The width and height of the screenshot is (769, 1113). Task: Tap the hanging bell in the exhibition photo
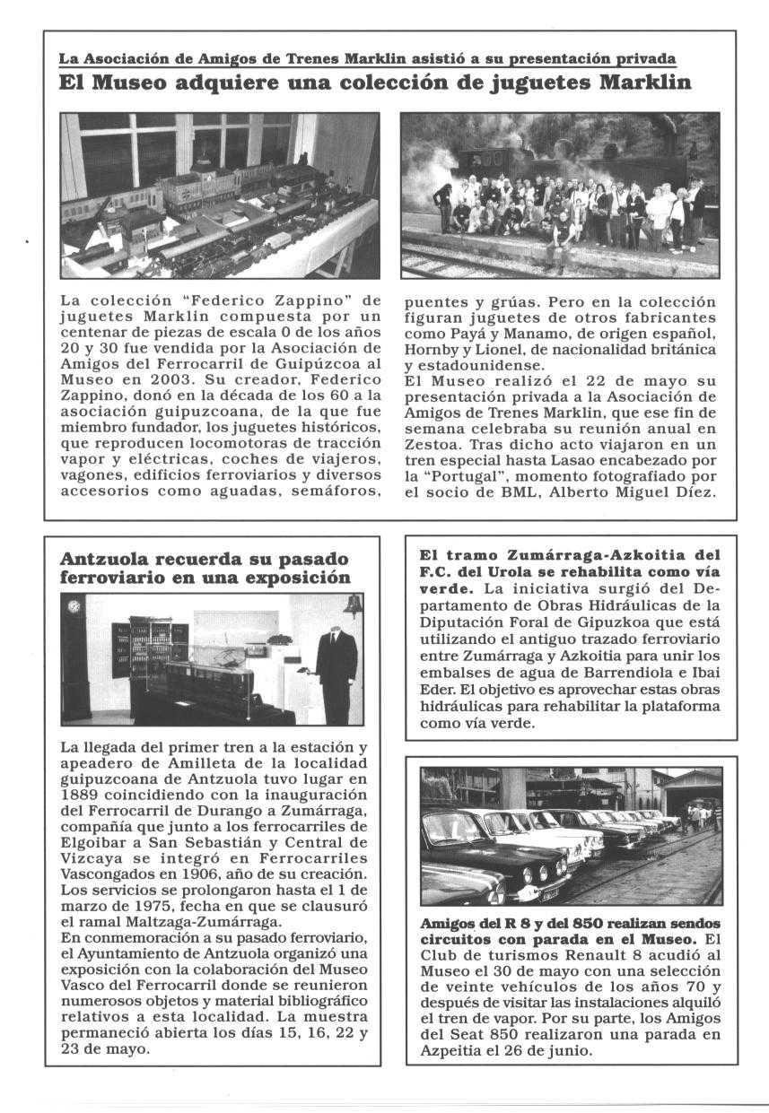[352, 605]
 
